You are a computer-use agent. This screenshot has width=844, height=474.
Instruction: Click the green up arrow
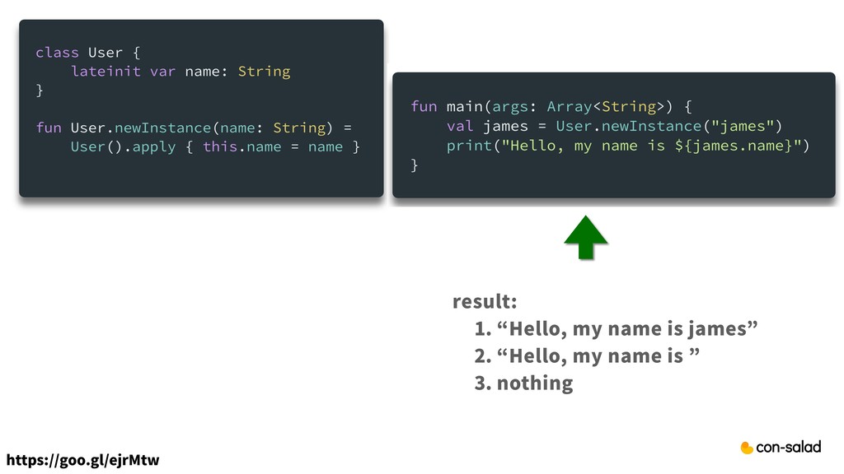pyautogui.click(x=586, y=238)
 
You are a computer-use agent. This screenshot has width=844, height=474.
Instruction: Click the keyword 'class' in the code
pyautogui.click(x=57, y=53)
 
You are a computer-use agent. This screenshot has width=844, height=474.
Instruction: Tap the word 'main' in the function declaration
pyautogui.click(x=464, y=107)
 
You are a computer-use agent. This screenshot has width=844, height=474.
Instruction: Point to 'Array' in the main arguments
pyautogui.click(x=569, y=107)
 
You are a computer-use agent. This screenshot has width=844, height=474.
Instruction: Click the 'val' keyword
pyautogui.click(x=460, y=126)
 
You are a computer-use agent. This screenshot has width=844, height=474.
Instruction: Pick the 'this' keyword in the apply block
pyautogui.click(x=219, y=147)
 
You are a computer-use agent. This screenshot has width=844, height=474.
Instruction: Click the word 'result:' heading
pyautogui.click(x=485, y=302)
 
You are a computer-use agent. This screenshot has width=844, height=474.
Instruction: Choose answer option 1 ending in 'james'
pyautogui.click(x=616, y=329)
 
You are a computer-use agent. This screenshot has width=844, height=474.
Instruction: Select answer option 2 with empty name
pyautogui.click(x=588, y=356)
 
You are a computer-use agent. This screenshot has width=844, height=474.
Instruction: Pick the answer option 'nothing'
pyautogui.click(x=534, y=383)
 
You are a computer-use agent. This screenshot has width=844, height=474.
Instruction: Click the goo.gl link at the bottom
pyautogui.click(x=82, y=459)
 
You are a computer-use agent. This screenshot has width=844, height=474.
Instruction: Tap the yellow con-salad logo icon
pyautogui.click(x=747, y=448)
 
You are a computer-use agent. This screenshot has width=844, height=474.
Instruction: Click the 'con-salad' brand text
pyautogui.click(x=789, y=448)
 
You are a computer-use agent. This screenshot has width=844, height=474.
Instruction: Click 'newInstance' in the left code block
pyautogui.click(x=162, y=128)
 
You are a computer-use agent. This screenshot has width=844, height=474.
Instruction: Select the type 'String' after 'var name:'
pyautogui.click(x=264, y=72)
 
